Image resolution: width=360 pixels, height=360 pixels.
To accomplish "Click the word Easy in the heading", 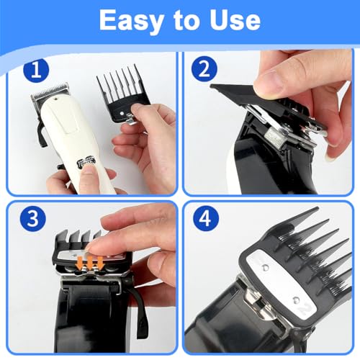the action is click(132, 21).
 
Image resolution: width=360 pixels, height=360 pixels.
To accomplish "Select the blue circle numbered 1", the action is click(36, 71).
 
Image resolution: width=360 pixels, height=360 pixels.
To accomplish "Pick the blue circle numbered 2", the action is click(204, 69).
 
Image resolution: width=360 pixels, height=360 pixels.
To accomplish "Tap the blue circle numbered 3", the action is click(33, 218).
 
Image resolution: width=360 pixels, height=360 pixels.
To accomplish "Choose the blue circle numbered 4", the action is click(206, 218).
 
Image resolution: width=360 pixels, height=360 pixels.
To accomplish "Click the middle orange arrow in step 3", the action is click(90, 263).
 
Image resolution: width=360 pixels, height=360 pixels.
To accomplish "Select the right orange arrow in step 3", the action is click(100, 263).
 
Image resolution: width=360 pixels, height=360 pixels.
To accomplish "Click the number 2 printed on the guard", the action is click(305, 309).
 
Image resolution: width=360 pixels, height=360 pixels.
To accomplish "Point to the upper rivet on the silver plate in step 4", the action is click(266, 267).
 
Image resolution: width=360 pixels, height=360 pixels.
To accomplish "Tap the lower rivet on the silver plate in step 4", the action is click(297, 300).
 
